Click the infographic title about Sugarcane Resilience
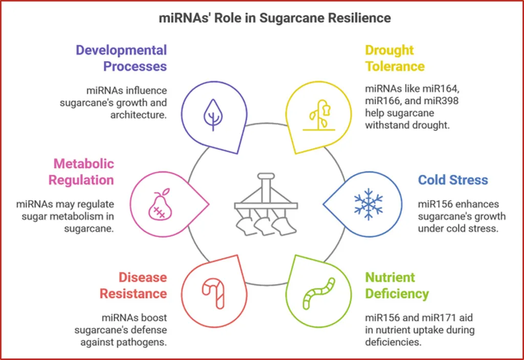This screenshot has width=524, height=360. pos(262,18)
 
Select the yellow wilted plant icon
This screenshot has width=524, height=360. pos(313,116)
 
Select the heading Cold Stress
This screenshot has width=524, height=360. pos(453,180)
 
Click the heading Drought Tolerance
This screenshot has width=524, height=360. pos(395,58)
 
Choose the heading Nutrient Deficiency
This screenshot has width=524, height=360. pos(397,285)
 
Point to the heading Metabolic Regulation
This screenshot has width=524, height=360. pos(81,172)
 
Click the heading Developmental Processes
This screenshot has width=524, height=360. pos(121,58)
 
